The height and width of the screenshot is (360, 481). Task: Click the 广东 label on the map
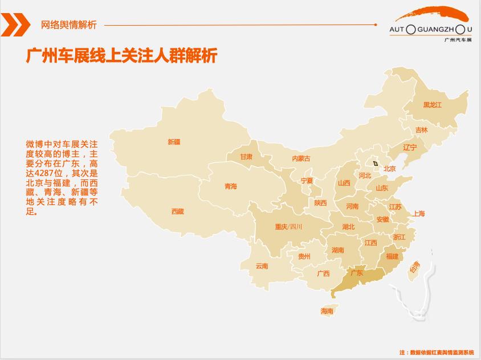point(357,273)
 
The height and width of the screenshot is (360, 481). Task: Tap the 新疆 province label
point(174,142)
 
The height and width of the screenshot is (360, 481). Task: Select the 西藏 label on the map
point(178,211)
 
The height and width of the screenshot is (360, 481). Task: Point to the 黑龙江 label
point(432,105)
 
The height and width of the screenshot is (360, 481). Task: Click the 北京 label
point(389,169)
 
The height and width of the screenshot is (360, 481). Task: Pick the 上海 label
point(419,214)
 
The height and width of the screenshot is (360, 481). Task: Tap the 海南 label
point(327,311)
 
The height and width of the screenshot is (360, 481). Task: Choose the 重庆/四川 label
point(288,227)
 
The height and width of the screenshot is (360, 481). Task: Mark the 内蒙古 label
point(301,158)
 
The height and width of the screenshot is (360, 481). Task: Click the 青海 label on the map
point(230,186)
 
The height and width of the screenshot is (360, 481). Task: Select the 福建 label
point(392,256)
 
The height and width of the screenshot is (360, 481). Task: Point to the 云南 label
point(262,266)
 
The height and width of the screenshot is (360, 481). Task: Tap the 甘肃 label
point(246,156)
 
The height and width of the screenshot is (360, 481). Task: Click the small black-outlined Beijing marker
point(376,163)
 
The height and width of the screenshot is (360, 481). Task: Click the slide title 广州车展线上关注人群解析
point(121,56)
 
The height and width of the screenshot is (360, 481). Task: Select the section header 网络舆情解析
point(69,24)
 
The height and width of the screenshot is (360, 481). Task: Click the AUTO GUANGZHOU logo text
point(430,28)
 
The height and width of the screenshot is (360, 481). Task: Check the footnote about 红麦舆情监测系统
point(436,353)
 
